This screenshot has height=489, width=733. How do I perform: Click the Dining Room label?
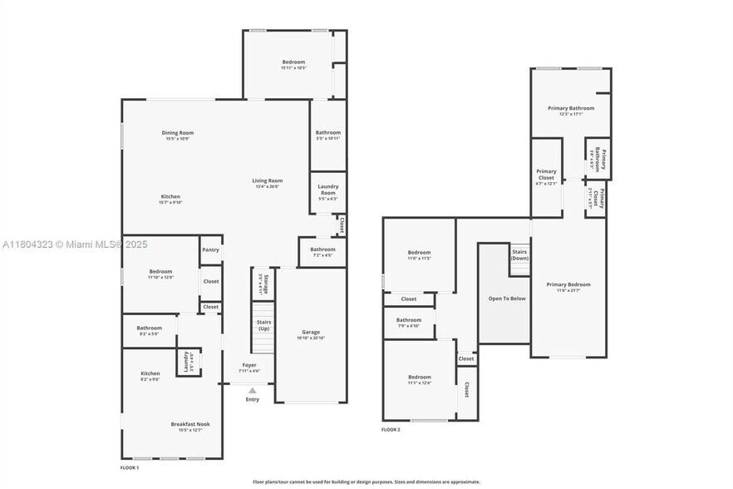coord(179,132)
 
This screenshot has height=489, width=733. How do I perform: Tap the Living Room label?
coord(268,180)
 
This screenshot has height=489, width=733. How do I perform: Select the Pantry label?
coord(211,249)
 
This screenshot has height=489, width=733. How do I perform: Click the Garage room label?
coord(311,332)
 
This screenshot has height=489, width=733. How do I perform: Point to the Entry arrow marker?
coord(252,389)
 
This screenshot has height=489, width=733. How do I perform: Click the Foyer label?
coord(249,365)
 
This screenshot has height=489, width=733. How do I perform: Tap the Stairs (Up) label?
coord(263,324)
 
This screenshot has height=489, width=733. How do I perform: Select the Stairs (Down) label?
coord(519,254)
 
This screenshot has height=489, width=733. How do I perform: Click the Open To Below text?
coord(507,298)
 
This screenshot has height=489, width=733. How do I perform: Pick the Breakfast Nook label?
coord(190,424)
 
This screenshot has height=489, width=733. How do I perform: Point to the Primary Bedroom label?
coord(568,285)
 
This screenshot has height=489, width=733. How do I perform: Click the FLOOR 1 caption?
coord(130,468)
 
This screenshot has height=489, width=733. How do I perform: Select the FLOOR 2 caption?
coord(391,430)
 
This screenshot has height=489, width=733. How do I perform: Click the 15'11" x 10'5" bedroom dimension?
coord(293,68)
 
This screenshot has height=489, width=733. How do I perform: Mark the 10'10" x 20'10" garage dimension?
coord(311,338)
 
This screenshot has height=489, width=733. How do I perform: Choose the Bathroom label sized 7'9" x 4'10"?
coord(408,320)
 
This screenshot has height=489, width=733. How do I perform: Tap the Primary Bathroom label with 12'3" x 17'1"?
coord(571,108)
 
